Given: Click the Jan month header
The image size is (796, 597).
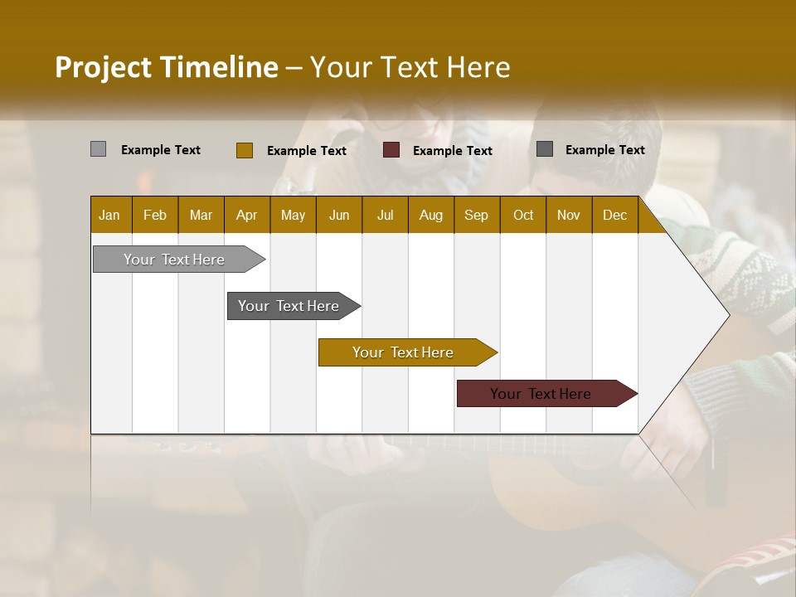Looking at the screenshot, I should [x=109, y=215].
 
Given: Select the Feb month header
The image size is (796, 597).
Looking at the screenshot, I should [x=155, y=215].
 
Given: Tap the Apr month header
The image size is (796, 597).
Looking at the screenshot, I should [x=246, y=215].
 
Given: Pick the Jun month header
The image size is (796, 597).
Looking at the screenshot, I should [x=339, y=215].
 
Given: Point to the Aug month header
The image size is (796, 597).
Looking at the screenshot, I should [x=430, y=215].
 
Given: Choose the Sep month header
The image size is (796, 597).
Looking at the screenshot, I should [x=476, y=215].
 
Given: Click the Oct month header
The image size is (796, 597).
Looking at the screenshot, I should [x=523, y=215].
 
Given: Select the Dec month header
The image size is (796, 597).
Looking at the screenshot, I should [x=614, y=215].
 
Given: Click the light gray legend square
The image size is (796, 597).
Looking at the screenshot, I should [x=98, y=149].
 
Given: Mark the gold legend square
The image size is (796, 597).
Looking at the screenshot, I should [x=244, y=150].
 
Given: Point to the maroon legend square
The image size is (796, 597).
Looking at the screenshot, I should [x=391, y=150].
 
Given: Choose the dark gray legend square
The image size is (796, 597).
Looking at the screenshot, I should [x=544, y=149].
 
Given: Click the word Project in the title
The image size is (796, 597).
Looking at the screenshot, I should [x=104, y=67].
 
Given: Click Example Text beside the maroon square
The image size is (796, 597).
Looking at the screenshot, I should [x=452, y=151].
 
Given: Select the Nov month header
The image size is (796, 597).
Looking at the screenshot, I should [x=569, y=215].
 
